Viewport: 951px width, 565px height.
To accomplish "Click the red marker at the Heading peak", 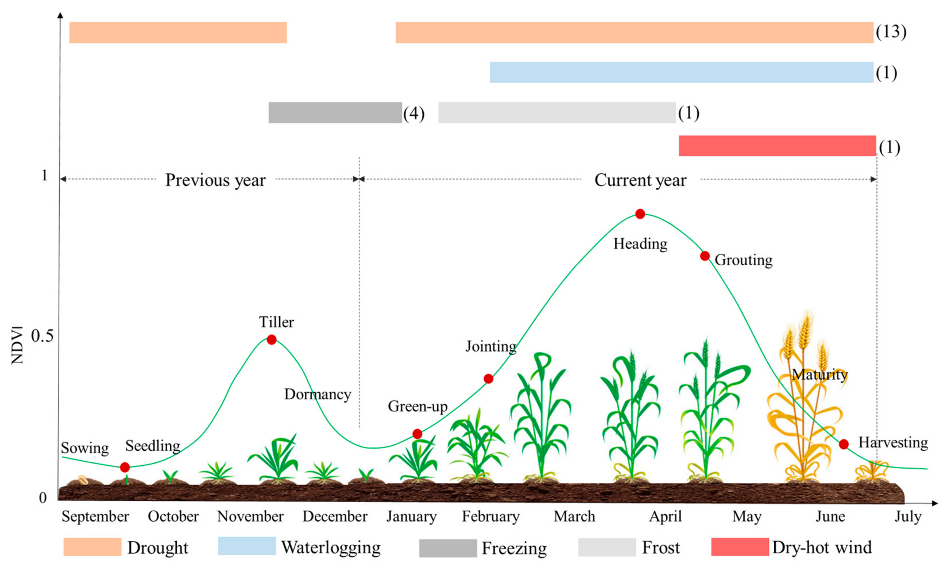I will pyautogui.click(x=640, y=214).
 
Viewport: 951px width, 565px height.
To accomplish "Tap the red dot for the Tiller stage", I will pyautogui.click(x=271, y=340).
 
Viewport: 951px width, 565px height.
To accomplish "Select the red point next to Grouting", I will pyautogui.click(x=705, y=256).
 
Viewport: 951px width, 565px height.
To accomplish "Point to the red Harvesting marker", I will pyautogui.click(x=843, y=444).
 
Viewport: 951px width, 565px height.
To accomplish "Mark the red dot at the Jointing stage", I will pyautogui.click(x=488, y=379).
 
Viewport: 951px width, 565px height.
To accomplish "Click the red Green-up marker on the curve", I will pyautogui.click(x=417, y=434).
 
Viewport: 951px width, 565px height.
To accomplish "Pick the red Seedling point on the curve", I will pyautogui.click(x=125, y=467).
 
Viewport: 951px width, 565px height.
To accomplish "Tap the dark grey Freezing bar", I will pyautogui.click(x=335, y=113).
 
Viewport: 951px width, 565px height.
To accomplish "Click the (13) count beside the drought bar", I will pyautogui.click(x=891, y=32).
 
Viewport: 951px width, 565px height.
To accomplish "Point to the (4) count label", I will pyautogui.click(x=414, y=114).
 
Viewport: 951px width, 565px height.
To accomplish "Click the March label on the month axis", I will pyautogui.click(x=574, y=517).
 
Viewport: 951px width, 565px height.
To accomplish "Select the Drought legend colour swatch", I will pyautogui.click(x=92, y=547).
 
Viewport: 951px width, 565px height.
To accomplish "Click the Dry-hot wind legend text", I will pyautogui.click(x=822, y=547).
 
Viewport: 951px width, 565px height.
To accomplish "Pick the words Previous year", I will pyautogui.click(x=215, y=180).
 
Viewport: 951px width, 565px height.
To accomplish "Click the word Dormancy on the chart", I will pyautogui.click(x=317, y=394).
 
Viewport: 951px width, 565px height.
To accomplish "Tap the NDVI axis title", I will pyautogui.click(x=18, y=345).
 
